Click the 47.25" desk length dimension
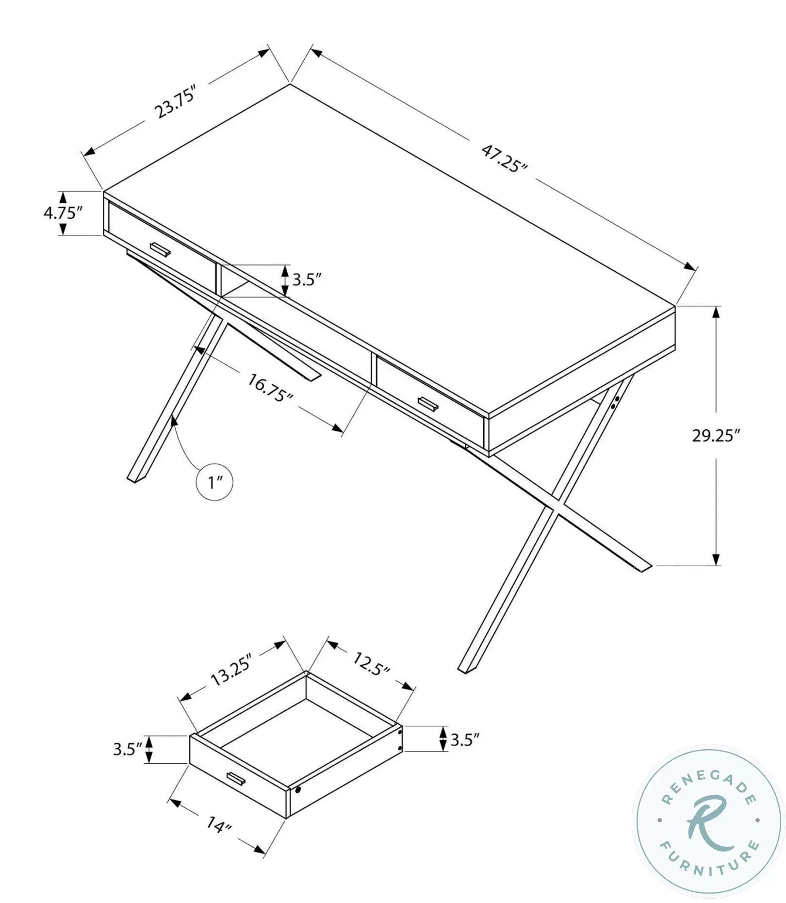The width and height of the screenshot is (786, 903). (504, 158)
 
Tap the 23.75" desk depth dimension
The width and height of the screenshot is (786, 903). (175, 103)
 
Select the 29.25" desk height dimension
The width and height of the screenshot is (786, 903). (716, 436)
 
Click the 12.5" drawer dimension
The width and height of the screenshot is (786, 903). (371, 664)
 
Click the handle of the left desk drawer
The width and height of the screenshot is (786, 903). (160, 248)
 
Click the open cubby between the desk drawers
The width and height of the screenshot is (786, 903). (243, 284)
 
